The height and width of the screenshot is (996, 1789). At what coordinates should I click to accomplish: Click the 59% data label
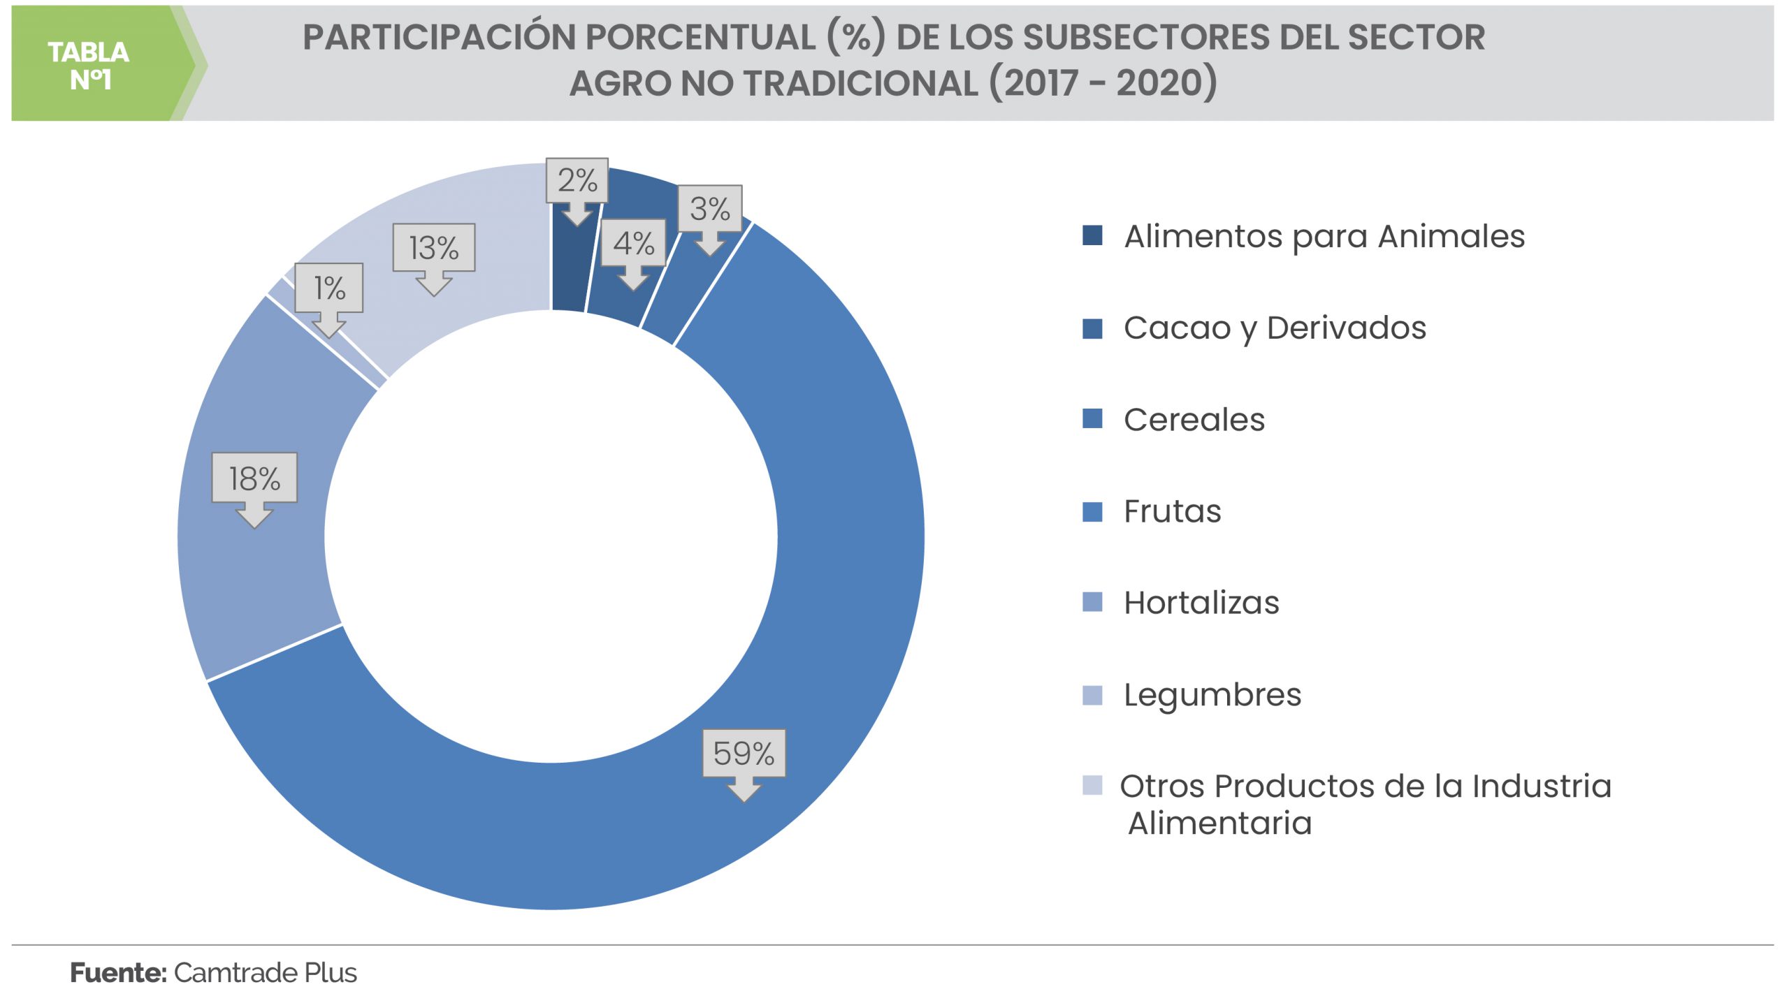[x=744, y=754]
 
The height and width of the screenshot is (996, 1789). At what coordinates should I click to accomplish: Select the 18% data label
[x=254, y=478]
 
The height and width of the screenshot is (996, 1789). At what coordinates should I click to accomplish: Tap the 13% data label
[x=433, y=248]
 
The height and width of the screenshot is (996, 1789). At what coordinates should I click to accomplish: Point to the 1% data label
[x=328, y=288]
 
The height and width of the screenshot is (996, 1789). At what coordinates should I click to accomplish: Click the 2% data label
[x=577, y=180]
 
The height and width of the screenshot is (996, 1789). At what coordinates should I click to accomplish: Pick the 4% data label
[x=633, y=243]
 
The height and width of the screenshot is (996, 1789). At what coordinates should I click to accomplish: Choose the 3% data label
[x=709, y=209]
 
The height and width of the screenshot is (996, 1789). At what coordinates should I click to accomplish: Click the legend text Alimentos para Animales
[x=1324, y=236]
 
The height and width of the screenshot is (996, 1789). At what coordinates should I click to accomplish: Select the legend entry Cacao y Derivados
[x=1275, y=328]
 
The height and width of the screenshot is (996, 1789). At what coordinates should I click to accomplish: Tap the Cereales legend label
[x=1194, y=420]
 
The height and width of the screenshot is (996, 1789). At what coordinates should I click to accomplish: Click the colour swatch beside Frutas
[x=1092, y=512]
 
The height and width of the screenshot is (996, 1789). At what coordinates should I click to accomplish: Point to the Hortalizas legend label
[x=1201, y=603]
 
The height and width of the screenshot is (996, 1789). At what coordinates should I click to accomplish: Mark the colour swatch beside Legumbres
[x=1092, y=695]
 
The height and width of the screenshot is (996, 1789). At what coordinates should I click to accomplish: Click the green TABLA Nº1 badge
[x=89, y=65]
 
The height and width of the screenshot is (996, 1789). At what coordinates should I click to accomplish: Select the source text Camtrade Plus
[x=265, y=972]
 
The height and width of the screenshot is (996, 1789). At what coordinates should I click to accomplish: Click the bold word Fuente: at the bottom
[x=117, y=972]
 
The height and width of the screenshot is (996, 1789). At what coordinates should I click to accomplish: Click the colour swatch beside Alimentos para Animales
[x=1092, y=235]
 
